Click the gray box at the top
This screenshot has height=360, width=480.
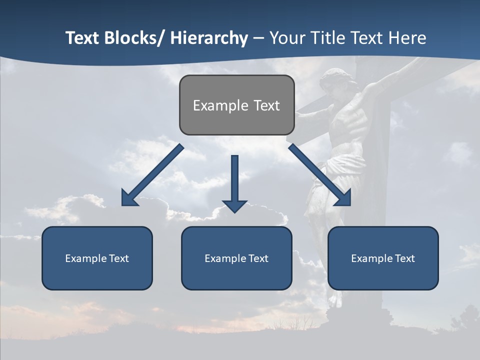tap(236, 105)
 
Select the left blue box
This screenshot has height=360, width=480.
tap(97, 258)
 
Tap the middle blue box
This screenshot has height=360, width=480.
tap(236, 258)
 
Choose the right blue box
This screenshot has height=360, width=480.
tap(383, 258)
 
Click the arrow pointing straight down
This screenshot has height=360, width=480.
tap(235, 182)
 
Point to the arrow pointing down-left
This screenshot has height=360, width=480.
tap(152, 175)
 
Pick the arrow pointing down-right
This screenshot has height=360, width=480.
tap(320, 175)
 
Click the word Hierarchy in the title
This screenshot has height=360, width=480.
tap(209, 38)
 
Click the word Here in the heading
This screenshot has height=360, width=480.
tap(408, 38)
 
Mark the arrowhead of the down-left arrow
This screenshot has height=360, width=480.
tap(129, 198)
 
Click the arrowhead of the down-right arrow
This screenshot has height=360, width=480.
tap(343, 198)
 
